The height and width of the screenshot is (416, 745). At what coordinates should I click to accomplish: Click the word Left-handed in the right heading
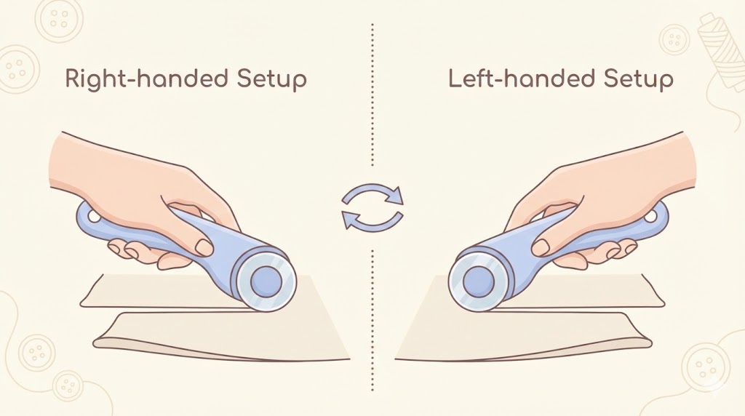click(522, 79)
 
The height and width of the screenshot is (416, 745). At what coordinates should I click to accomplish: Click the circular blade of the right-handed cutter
click(266, 281)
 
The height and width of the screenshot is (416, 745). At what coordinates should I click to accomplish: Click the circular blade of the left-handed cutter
click(479, 281)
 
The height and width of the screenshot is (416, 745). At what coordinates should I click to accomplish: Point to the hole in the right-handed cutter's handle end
click(93, 217)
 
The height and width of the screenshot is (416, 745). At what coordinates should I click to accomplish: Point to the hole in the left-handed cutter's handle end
click(651, 217)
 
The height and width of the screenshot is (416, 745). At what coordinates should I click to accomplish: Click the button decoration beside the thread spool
click(674, 39)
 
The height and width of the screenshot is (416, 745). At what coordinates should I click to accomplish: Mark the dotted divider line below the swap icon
click(372, 321)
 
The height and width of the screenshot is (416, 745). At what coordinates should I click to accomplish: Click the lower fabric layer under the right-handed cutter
click(221, 337)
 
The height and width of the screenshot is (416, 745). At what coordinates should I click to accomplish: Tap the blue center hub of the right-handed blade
click(266, 281)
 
